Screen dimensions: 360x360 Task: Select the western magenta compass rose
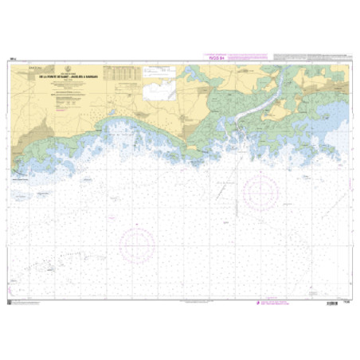coord(137,245)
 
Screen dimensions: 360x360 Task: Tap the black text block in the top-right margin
coord(311,55)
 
